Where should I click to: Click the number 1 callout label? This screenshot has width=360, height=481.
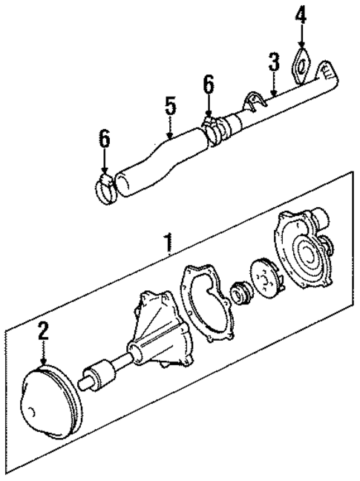pyautogui.click(x=168, y=242)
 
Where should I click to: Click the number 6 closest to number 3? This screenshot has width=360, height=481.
pyautogui.click(x=209, y=85)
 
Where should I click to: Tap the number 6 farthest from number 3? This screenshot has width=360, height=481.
pyautogui.click(x=105, y=139)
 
